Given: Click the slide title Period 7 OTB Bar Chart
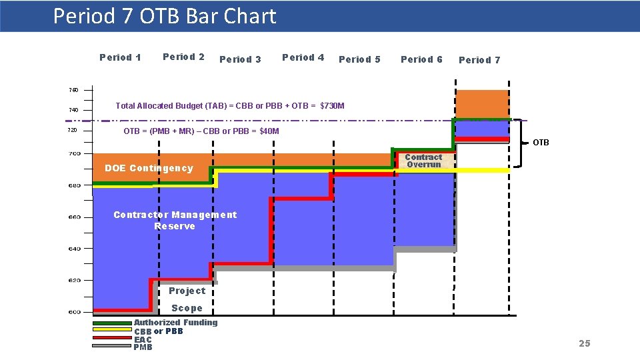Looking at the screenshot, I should tap(164, 16).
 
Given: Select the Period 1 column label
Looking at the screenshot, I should tap(120, 57).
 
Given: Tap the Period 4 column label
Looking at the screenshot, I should tap(303, 57).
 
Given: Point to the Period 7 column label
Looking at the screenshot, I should tap(479, 60).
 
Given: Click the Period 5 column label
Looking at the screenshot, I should tap(359, 59).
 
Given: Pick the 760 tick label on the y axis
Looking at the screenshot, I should tap(73, 90).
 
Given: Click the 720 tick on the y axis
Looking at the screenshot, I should tap(73, 130).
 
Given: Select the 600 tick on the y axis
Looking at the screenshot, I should tap(74, 312).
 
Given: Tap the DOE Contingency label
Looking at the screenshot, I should tap(149, 168).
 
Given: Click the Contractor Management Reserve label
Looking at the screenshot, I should tap(175, 220).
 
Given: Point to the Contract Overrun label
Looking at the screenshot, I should tap(423, 161).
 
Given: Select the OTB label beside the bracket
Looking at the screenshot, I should tap(541, 143).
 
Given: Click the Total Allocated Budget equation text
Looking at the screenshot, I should tap(230, 106).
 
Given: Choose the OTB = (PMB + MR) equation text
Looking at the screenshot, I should tap(201, 131).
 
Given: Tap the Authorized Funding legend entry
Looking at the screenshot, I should tap(175, 323).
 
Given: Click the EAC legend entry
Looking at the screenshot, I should tap(143, 340).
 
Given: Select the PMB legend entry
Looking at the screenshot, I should tap(143, 347).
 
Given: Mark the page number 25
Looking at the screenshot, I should tap(584, 343).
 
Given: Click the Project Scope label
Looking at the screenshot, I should tap(187, 299).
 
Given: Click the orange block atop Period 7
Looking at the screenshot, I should tap(481, 104).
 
